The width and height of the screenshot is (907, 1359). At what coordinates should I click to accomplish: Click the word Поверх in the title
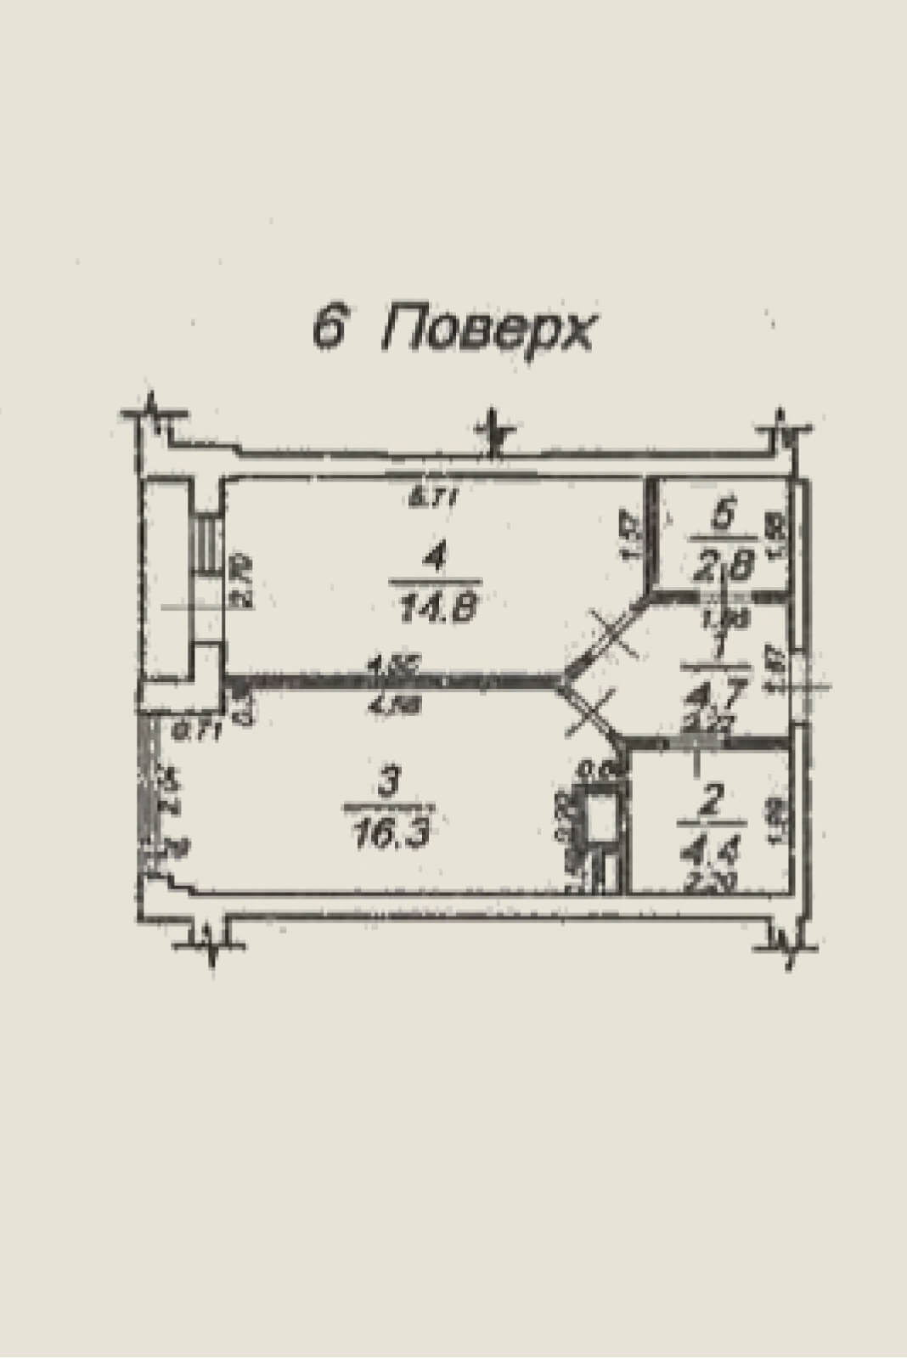(x=486, y=329)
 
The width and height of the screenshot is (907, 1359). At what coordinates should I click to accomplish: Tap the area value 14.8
(x=437, y=608)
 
